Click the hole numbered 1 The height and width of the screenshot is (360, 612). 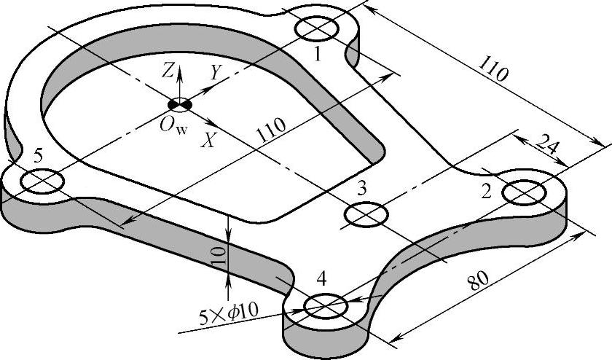pos(318,28)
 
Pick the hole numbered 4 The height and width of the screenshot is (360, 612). pos(325,305)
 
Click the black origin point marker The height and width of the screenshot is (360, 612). pos(180,105)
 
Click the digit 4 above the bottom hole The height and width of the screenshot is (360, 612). pos(322,278)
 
